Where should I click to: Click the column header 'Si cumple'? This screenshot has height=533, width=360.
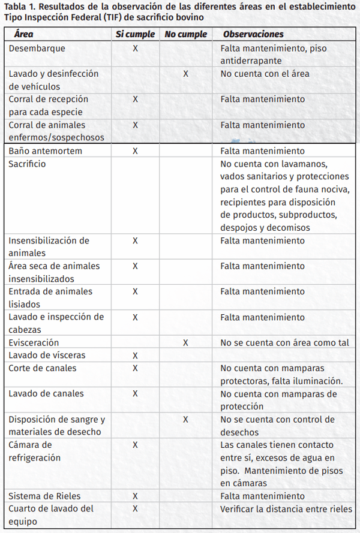pos(135,35)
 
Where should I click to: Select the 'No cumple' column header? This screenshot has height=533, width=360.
pos(185,35)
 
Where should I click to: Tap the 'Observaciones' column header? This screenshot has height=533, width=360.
pos(253,35)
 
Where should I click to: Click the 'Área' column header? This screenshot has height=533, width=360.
pos(23,35)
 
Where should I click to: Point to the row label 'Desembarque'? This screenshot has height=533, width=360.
pos(37,48)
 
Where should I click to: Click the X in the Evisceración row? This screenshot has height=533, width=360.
pos(185,343)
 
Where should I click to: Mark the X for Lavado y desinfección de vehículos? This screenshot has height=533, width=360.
pos(185,74)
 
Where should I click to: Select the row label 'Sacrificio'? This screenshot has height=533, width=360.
pos(27,164)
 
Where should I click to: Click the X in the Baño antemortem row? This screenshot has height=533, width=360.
pos(135,151)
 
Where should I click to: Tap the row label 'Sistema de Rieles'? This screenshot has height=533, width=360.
pos(44,496)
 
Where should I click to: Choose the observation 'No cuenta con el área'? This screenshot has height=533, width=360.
pos(265,74)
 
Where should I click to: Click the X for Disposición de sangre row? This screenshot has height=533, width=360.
pos(185,420)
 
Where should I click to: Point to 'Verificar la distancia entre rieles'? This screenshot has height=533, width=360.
pos(286,509)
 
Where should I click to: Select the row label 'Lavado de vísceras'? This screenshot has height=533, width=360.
pos(47,356)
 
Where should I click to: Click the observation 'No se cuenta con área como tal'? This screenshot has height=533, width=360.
pos(284,343)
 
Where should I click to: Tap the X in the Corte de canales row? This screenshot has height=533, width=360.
pos(135,368)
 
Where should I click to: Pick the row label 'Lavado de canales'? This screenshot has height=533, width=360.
pos(46,394)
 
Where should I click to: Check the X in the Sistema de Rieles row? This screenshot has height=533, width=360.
pos(135,496)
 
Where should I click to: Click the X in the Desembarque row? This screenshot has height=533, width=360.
pos(135,48)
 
